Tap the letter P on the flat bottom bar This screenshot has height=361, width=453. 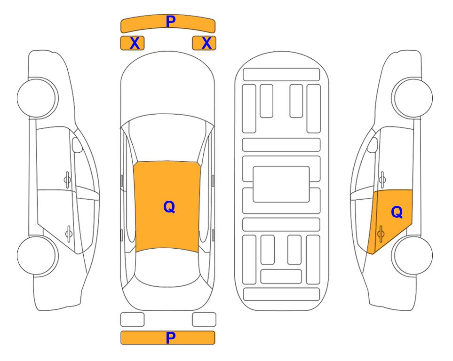[171, 337]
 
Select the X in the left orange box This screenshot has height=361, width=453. [135, 43]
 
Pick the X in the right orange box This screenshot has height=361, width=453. [207, 43]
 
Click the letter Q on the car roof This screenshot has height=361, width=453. [169, 207]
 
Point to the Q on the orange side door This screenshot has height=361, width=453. [397, 212]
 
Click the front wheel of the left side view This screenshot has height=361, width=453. [37, 98]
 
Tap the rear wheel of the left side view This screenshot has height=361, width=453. [37, 255]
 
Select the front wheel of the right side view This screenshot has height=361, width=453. [412, 98]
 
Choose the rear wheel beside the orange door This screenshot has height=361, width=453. [412, 255]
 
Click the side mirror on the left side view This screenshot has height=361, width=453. [77, 145]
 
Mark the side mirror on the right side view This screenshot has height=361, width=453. [373, 145]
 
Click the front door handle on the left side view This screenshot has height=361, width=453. [67, 180]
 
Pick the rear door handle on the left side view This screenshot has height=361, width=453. [69, 233]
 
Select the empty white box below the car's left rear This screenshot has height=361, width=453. [132, 320]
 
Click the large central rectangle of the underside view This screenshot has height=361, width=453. [281, 184]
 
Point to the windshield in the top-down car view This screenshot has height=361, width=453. [167, 139]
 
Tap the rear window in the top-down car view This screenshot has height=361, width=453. [167, 267]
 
